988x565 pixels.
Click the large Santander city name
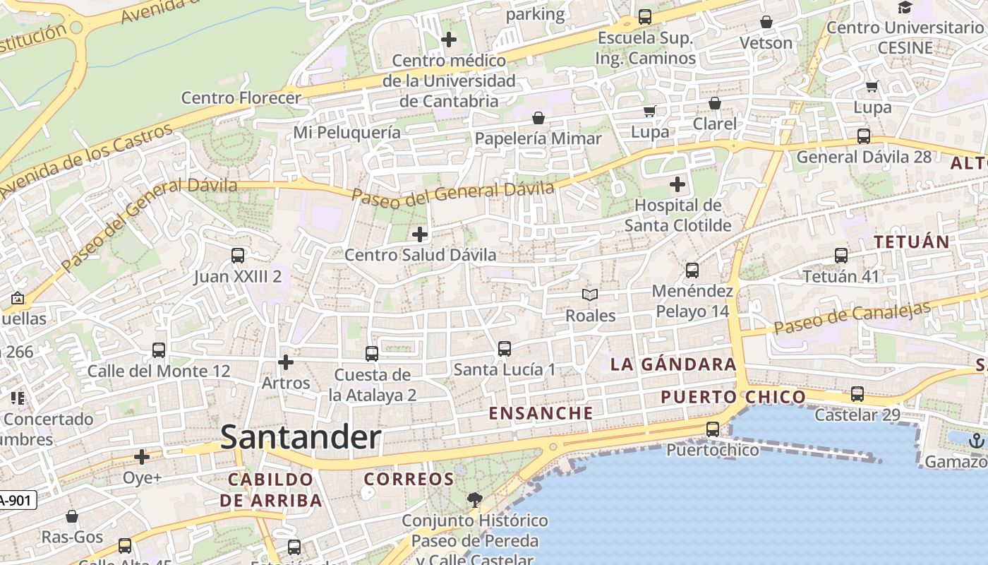(301, 437)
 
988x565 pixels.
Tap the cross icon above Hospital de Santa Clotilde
(677, 185)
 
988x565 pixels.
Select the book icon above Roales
(590, 295)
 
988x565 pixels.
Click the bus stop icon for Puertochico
(713, 429)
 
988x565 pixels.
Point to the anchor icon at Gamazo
(976, 441)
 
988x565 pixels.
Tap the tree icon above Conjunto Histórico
(475, 500)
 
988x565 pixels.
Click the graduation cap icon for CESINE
(905, 8)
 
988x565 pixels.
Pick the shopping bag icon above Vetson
(766, 23)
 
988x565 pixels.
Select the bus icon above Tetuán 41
(841, 256)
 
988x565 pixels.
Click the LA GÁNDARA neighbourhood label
(673, 364)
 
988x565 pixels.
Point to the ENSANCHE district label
(541, 413)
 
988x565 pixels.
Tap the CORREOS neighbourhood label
(409, 479)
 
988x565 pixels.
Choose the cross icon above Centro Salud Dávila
(420, 234)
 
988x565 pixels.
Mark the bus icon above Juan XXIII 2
(238, 256)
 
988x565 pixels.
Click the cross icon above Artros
(286, 363)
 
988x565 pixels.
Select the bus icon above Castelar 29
(857, 394)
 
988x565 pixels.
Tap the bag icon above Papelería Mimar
(538, 118)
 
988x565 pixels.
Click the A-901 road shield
(16, 501)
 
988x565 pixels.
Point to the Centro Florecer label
(241, 97)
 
